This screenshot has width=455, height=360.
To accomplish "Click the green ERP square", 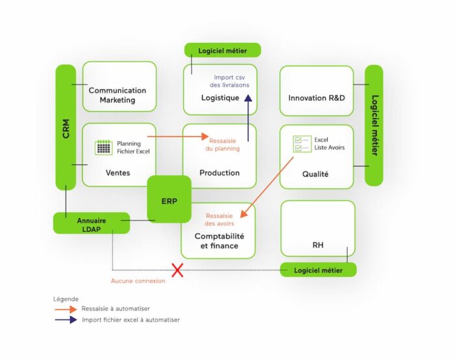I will pos(169,200).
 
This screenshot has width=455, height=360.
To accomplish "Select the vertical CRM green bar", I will pos(66,127).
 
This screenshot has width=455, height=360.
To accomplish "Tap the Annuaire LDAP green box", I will pos(91,224).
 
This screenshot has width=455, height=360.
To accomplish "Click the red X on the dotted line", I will pos(177,270).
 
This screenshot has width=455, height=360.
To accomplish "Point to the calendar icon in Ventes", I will pos(103,147).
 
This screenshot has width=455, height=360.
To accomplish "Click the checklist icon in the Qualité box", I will pos(302,144).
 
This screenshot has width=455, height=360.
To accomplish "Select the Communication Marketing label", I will pos(118,95).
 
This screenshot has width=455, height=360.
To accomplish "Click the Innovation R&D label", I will pos(317,98).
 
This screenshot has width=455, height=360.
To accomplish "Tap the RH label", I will pos(318,245).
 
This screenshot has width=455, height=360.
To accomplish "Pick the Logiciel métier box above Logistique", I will pos(222,50).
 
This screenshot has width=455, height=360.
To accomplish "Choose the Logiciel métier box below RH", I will pos(318,270).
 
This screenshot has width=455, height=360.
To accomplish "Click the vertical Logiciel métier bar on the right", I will pos(374,125).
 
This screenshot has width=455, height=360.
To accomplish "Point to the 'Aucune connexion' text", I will pos(138,281).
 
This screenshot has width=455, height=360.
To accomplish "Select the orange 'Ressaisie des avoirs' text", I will pos(220,220).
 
